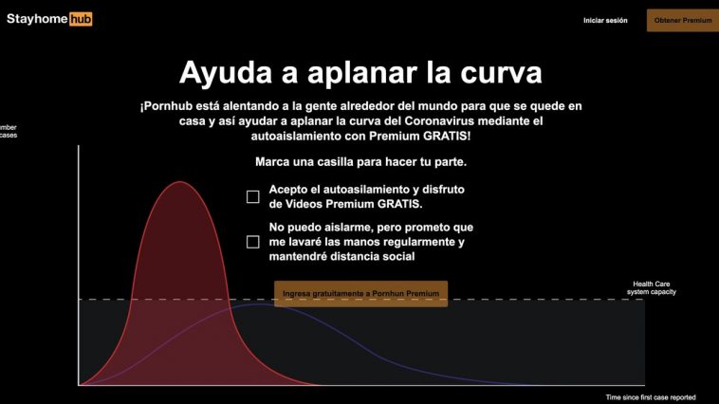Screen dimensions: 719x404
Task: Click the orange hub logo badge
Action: (x=81, y=19)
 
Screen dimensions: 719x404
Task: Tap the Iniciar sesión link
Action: (x=605, y=20)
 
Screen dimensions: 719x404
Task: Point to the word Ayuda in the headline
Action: (x=226, y=73)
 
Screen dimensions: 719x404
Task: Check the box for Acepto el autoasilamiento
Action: (x=252, y=196)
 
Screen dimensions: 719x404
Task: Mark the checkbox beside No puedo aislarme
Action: (x=252, y=242)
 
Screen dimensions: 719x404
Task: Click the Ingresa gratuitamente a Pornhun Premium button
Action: (x=360, y=293)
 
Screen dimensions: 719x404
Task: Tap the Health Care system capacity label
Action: (x=651, y=288)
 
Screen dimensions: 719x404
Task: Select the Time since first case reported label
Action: (x=651, y=397)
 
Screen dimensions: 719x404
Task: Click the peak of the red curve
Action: (x=180, y=182)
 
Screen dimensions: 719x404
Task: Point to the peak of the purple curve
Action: (x=261, y=304)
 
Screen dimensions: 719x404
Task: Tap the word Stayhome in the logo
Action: (x=37, y=19)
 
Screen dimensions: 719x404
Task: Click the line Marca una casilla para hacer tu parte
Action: (x=360, y=162)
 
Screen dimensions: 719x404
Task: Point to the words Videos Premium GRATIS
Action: (x=354, y=204)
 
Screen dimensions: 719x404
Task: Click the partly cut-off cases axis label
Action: (x=9, y=136)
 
